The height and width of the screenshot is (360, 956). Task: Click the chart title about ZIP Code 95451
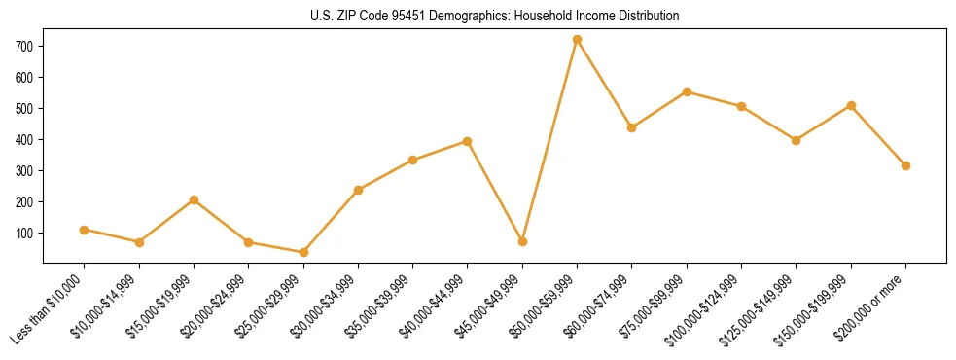click(478, 17)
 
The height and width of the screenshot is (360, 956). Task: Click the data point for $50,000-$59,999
click(577, 40)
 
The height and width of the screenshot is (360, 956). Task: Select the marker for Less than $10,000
click(85, 230)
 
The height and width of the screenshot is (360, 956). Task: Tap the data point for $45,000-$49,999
click(522, 241)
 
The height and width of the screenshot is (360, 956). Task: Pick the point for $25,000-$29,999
click(303, 252)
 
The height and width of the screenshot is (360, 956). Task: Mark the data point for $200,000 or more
click(905, 165)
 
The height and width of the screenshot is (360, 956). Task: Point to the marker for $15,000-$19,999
click(194, 199)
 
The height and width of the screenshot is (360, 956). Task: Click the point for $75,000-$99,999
click(687, 91)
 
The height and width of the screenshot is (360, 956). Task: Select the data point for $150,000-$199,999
click(851, 105)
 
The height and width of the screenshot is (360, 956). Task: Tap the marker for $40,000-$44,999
click(468, 141)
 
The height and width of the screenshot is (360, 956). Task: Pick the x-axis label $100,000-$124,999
click(707, 310)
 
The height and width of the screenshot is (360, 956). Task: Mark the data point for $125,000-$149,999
click(797, 140)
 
